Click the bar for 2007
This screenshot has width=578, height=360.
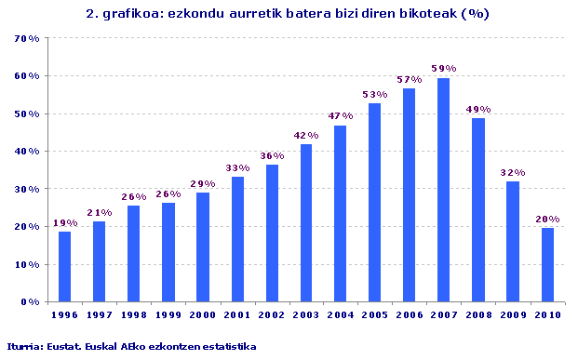(444, 190)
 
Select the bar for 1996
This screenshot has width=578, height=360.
(64, 266)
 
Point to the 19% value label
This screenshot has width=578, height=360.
(64, 223)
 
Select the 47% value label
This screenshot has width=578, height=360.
(341, 116)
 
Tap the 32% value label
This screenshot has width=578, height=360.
(513, 172)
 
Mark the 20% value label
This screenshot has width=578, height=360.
(547, 220)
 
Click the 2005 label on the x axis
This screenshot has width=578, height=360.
(375, 314)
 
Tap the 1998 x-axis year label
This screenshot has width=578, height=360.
(133, 314)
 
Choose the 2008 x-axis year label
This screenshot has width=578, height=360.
(478, 314)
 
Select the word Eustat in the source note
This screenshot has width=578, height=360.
(65, 346)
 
